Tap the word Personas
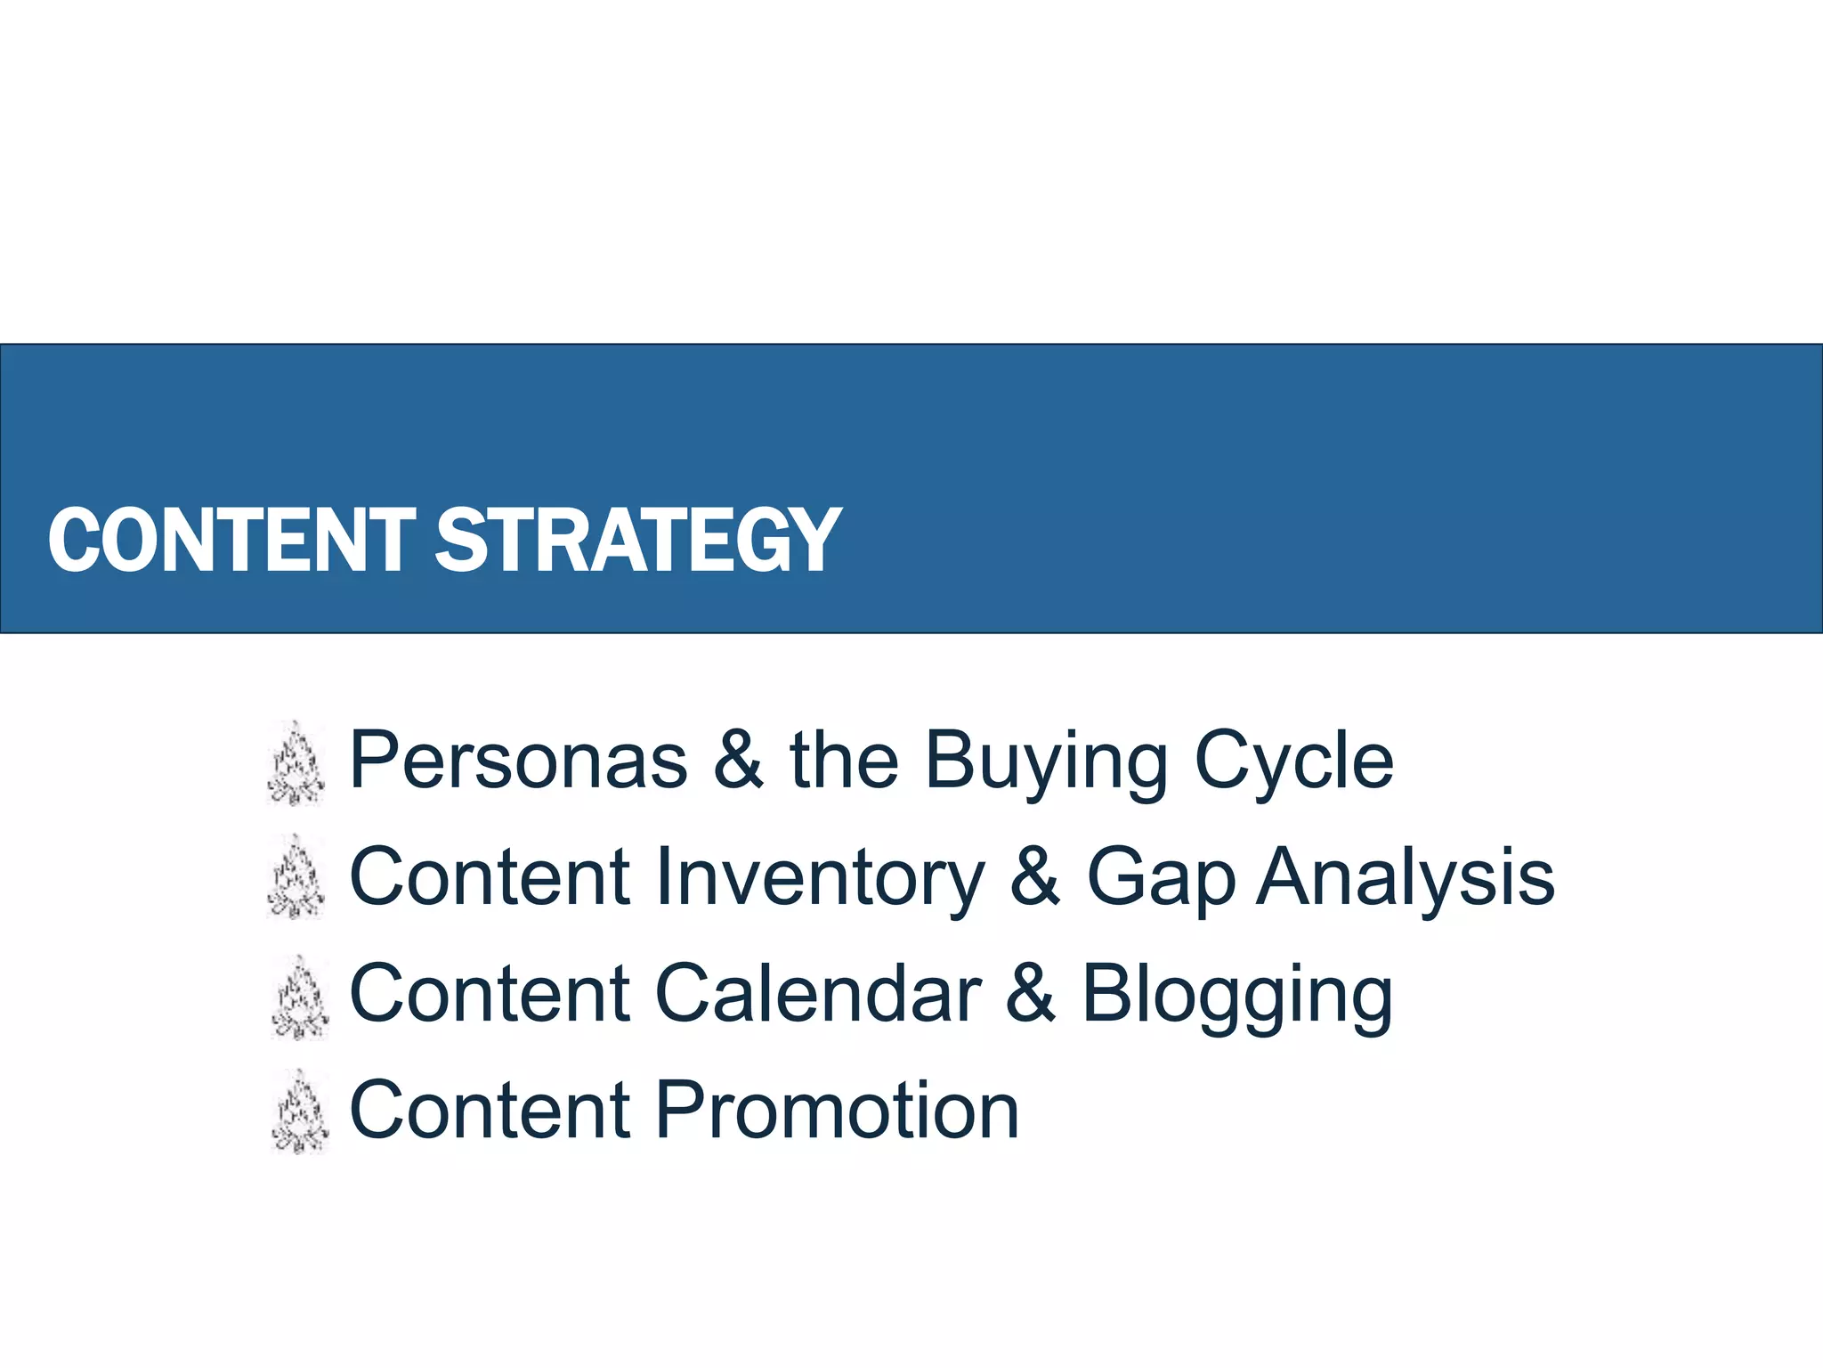(519, 761)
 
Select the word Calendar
(818, 995)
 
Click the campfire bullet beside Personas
(296, 764)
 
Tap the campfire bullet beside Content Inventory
(296, 878)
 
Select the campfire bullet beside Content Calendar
(300, 997)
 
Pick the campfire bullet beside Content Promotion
(300, 1112)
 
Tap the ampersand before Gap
(1035, 878)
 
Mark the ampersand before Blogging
(1031, 995)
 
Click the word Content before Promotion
(490, 1111)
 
